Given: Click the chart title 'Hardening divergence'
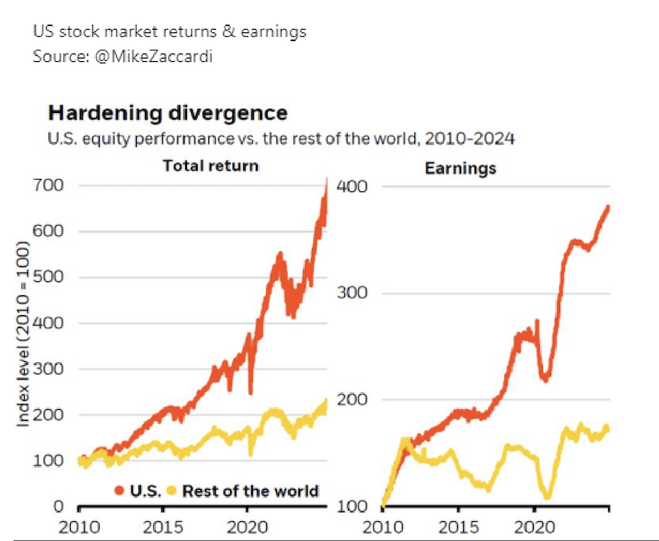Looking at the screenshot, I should tap(167, 112).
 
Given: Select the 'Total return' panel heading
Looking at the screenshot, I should tap(211, 166).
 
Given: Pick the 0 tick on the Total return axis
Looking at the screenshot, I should tap(59, 506).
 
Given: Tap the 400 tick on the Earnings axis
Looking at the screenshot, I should tap(352, 186).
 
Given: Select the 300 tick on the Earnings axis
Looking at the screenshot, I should tap(352, 293).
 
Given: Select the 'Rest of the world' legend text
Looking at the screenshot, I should tap(250, 492).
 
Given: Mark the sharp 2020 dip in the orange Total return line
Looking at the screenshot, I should tap(250, 391).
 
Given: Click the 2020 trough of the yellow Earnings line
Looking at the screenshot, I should tap(546, 496).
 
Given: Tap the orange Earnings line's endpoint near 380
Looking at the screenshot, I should tap(609, 207).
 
